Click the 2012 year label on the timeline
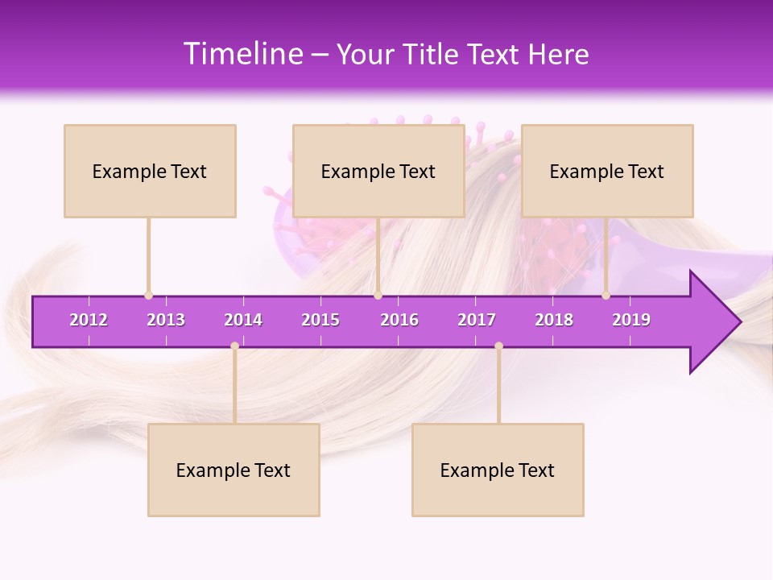(89, 320)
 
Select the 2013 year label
(166, 320)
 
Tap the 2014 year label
(243, 320)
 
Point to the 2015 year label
(320, 320)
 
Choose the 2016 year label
(399, 320)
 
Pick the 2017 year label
(477, 320)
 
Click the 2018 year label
(554, 320)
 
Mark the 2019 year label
(631, 320)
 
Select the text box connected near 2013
(150, 171)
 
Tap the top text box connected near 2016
(378, 171)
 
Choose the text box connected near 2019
(607, 171)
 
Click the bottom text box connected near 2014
(234, 470)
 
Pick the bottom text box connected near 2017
(498, 470)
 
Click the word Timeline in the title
(242, 54)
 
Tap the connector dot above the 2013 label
(148, 296)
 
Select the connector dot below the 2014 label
(234, 346)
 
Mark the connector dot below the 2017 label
(498, 346)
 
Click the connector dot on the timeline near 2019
(606, 296)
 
